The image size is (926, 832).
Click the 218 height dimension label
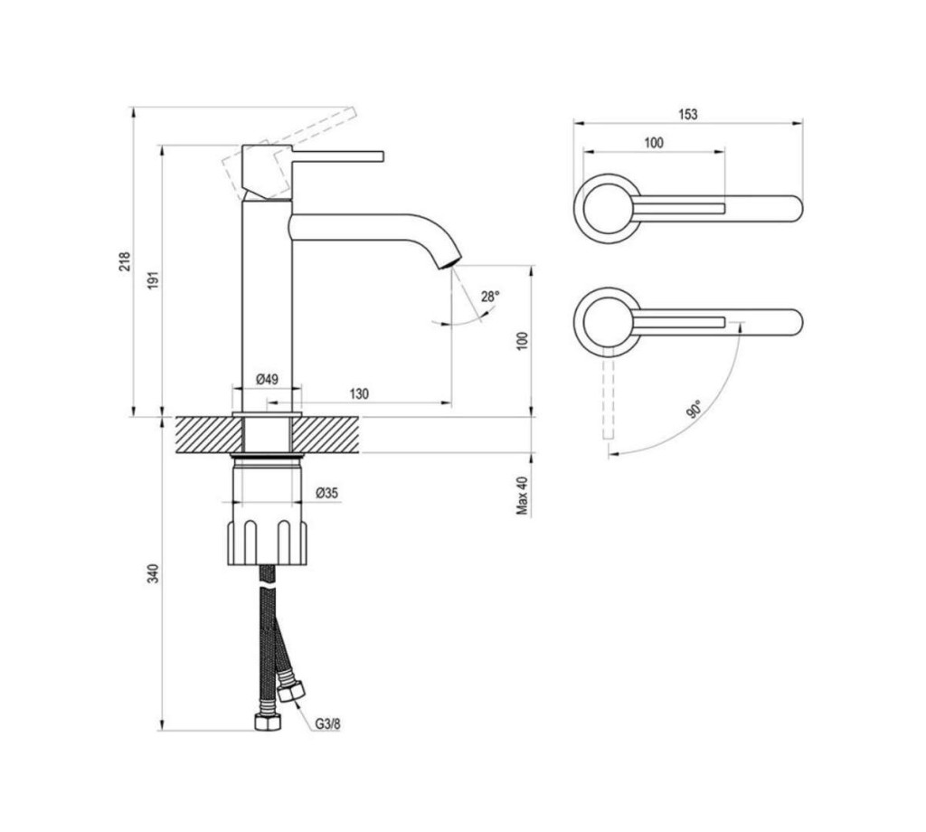click(125, 261)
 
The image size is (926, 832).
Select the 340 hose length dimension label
click(154, 573)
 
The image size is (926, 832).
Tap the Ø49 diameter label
click(267, 379)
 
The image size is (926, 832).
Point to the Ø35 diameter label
click(327, 493)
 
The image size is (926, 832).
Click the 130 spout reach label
click(359, 393)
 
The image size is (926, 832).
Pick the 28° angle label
click(490, 297)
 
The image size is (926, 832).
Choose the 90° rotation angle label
click(694, 409)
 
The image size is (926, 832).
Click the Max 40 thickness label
click(523, 495)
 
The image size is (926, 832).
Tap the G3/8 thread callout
click(327, 724)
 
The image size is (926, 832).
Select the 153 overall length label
click(688, 114)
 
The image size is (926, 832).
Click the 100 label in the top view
click(654, 142)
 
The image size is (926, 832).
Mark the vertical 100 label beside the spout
click(523, 341)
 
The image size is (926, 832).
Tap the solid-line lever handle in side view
click(337, 156)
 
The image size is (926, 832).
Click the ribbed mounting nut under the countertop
click(268, 542)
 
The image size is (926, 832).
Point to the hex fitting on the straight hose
click(268, 722)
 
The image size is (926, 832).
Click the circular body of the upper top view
click(606, 208)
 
